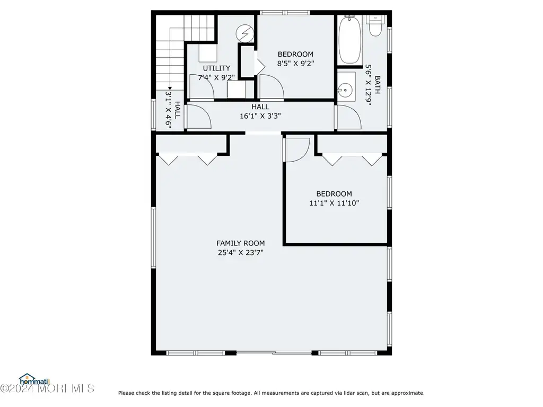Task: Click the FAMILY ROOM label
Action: pyautogui.click(x=241, y=243)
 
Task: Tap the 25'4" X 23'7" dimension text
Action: pyautogui.click(x=241, y=253)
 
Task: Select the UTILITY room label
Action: pyautogui.click(x=216, y=68)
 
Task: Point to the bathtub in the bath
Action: pyautogui.click(x=350, y=40)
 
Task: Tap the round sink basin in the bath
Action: pyautogui.click(x=345, y=91)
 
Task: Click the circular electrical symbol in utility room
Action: pyautogui.click(x=245, y=33)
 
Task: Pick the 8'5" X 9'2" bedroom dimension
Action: pyautogui.click(x=295, y=64)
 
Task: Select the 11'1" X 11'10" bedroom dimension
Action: pyautogui.click(x=334, y=203)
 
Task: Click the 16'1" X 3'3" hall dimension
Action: pyautogui.click(x=260, y=116)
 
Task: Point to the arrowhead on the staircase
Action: pyautogui.click(x=170, y=89)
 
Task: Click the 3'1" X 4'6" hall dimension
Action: pyautogui.click(x=168, y=110)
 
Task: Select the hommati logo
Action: pyautogui.click(x=34, y=379)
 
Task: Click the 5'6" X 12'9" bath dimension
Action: pyautogui.click(x=368, y=85)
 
